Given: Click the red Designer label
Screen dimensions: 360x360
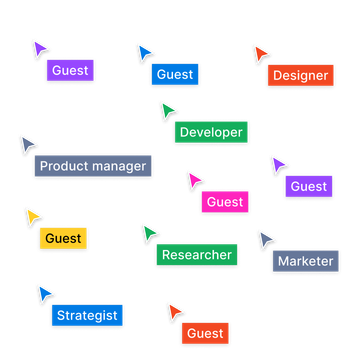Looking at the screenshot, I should pyautogui.click(x=301, y=75).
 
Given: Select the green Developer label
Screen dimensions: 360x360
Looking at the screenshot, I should pyautogui.click(x=211, y=131).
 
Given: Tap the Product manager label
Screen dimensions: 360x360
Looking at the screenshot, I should pyautogui.click(x=93, y=166).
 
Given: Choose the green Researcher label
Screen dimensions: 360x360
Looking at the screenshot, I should pyautogui.click(x=196, y=255).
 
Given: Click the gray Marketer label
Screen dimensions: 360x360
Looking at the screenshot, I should pyautogui.click(x=305, y=261).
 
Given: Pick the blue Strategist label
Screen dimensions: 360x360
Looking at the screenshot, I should pyautogui.click(x=87, y=315).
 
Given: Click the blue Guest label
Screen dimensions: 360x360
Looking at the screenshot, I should pyautogui.click(x=175, y=74).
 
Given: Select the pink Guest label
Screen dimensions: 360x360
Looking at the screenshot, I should pyautogui.click(x=225, y=202).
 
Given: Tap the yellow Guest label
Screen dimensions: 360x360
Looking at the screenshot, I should pyautogui.click(x=63, y=239).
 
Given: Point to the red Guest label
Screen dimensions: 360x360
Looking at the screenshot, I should pyautogui.click(x=205, y=333).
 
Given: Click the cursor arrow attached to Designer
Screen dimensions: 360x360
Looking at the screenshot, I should pyautogui.click(x=261, y=53).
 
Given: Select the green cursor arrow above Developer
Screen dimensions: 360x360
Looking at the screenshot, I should pyautogui.click(x=168, y=109).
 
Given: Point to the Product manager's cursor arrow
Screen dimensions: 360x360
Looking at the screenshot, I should pyautogui.click(x=28, y=143).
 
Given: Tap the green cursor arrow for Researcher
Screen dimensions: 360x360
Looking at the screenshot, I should pyautogui.click(x=150, y=233).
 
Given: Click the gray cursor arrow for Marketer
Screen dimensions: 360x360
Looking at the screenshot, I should pyautogui.click(x=266, y=239).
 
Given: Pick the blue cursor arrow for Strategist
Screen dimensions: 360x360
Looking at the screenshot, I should pyautogui.click(x=44, y=293).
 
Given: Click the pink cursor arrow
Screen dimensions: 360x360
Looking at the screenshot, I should pyautogui.click(x=194, y=179).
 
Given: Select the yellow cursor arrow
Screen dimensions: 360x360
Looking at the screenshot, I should pyautogui.click(x=33, y=215).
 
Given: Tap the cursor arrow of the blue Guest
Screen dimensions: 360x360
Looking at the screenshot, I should pyautogui.click(x=145, y=52).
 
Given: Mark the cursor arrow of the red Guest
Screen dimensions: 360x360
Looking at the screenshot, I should pyautogui.click(x=175, y=311).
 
